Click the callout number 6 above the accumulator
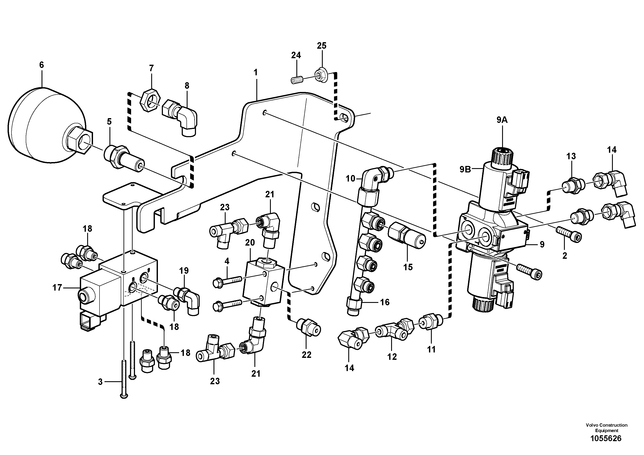[x=42, y=65]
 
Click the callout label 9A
[x=502, y=120]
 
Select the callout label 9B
[x=465, y=169]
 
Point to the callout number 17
[x=57, y=288]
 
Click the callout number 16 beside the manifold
[x=385, y=302]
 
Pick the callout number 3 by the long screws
[x=100, y=382]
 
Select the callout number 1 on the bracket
[x=255, y=72]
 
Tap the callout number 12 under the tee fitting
[x=392, y=357]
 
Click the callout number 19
[x=184, y=271]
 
